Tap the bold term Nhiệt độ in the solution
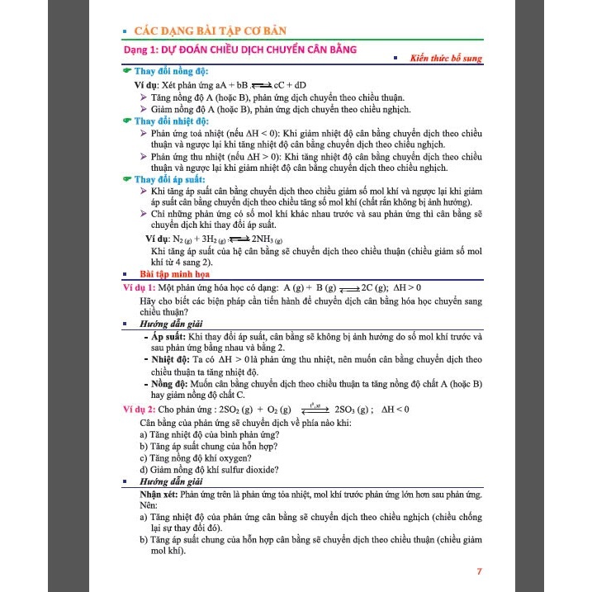click(x=169, y=361)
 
